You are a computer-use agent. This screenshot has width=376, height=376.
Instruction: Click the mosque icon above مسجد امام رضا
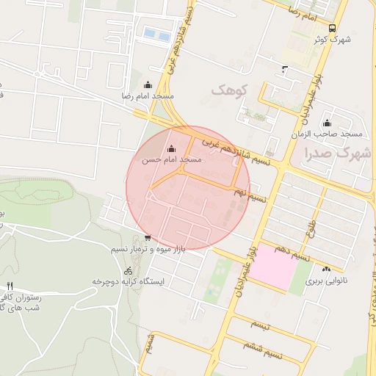click(148, 84)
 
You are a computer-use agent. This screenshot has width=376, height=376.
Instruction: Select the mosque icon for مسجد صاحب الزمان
click(327, 123)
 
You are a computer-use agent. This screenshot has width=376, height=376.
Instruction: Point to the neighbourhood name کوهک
click(231, 90)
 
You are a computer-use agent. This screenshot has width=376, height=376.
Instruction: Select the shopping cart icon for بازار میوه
click(148, 237)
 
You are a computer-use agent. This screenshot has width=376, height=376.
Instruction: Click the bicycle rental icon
click(129, 270)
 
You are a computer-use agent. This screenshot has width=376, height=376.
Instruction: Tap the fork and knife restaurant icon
click(10, 286)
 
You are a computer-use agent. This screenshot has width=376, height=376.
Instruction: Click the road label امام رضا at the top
click(302, 12)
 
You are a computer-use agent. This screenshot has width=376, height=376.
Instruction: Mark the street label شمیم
click(151, 342)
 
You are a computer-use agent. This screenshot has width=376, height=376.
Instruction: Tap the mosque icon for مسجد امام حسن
click(172, 149)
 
